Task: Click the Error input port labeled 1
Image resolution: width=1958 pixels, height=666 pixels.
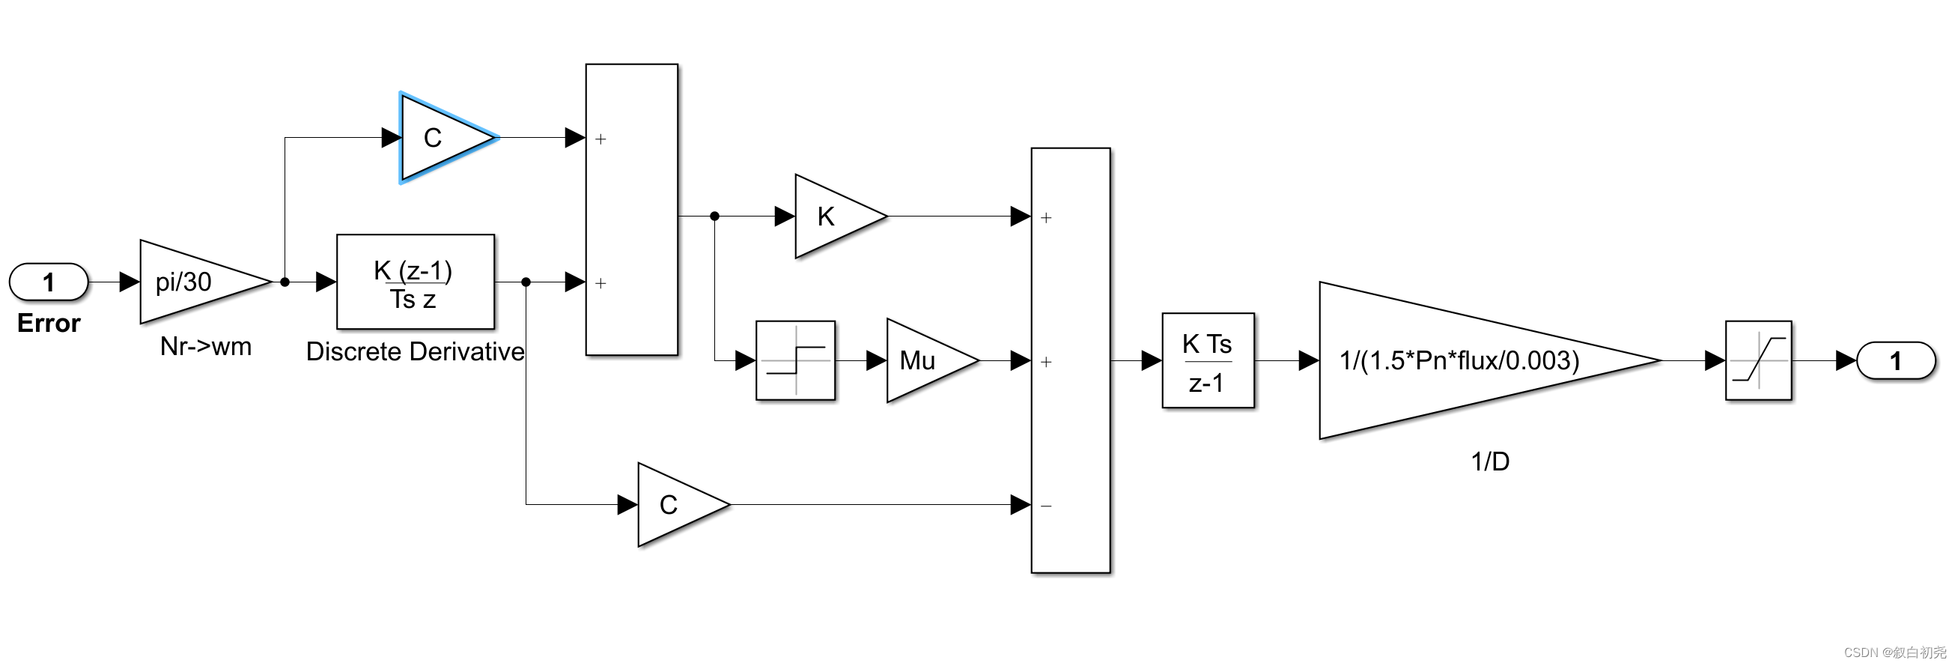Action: pyautogui.click(x=49, y=282)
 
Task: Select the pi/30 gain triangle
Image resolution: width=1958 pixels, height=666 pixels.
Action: pyautogui.click(x=194, y=282)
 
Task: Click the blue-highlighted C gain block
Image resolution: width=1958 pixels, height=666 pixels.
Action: pyautogui.click(x=441, y=138)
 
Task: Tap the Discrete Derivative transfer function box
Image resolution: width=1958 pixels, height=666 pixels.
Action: pyautogui.click(x=415, y=282)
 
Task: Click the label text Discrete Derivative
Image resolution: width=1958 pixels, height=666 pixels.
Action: pyautogui.click(x=415, y=351)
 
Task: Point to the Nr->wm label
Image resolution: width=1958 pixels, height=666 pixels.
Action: pyautogui.click(x=205, y=347)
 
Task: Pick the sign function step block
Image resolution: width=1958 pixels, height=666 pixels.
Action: pyautogui.click(x=795, y=360)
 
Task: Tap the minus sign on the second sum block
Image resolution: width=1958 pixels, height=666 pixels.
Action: pyautogui.click(x=1046, y=506)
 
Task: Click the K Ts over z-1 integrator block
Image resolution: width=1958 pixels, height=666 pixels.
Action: pyautogui.click(x=1207, y=360)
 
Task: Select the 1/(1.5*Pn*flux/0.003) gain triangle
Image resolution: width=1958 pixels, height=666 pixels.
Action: pyautogui.click(x=1459, y=360)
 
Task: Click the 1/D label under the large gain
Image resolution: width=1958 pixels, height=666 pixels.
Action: pyautogui.click(x=1489, y=461)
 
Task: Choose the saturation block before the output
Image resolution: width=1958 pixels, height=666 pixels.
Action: pyautogui.click(x=1757, y=360)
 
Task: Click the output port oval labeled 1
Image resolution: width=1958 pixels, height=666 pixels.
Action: pyautogui.click(x=1895, y=360)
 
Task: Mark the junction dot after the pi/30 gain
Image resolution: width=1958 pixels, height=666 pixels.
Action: pyautogui.click(x=285, y=282)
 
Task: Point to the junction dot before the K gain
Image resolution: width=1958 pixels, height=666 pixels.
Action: pyautogui.click(x=714, y=217)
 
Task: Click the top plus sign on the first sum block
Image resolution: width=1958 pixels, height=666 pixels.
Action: pyautogui.click(x=601, y=139)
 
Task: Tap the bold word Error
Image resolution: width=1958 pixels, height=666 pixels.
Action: pyautogui.click(x=49, y=323)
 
